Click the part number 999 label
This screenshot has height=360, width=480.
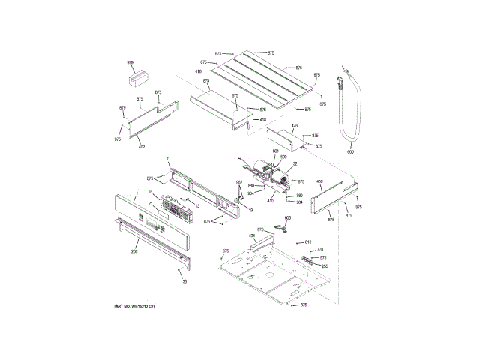tap(130, 62)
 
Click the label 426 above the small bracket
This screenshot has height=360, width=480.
tap(295, 125)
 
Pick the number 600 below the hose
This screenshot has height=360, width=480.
tap(349, 151)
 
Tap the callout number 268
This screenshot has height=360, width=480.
tap(134, 252)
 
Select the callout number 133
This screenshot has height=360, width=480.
tap(184, 281)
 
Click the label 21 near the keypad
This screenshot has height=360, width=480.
tap(150, 203)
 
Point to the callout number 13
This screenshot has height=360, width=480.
tap(196, 205)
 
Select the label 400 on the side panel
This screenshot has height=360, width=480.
tap(319, 181)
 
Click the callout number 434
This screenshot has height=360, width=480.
tap(252, 235)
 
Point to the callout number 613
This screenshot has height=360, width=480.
tap(308, 241)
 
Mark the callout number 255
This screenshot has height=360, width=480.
tap(325, 266)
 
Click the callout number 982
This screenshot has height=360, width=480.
tap(239, 182)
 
